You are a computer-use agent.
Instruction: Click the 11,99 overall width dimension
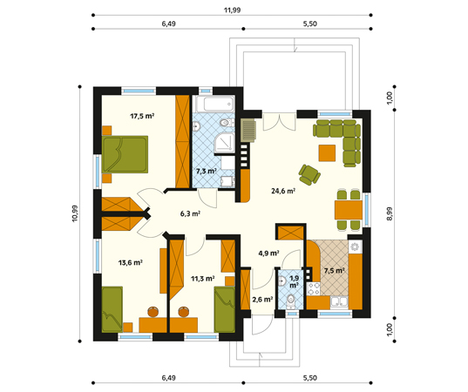[x=232, y=10]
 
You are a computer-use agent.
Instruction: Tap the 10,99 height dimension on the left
[x=75, y=213]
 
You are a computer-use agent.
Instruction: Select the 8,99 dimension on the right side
[x=390, y=214]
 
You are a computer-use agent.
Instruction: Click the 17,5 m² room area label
[x=142, y=116]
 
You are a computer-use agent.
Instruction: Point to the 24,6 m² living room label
[x=283, y=191]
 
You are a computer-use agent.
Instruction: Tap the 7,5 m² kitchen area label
[x=335, y=271]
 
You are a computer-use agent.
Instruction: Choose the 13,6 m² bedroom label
[x=130, y=263]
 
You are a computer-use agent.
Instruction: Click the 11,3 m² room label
[x=203, y=279]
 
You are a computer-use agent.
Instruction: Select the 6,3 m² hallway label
[x=190, y=213]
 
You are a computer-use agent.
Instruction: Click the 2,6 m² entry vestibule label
[x=262, y=299]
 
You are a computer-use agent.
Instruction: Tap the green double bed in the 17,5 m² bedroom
[x=125, y=154]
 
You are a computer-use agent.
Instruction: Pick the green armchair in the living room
[x=309, y=174]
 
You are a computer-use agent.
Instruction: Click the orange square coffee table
[x=327, y=152]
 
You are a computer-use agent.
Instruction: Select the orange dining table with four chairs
[x=349, y=210]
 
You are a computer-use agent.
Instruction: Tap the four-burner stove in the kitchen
[x=314, y=289]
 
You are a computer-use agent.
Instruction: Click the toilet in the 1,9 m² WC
[x=290, y=301]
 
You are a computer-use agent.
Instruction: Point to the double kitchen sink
[x=339, y=301]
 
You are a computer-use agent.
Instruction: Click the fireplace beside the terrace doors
[x=248, y=131]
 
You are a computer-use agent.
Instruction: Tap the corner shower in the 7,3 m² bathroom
[x=225, y=143]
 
